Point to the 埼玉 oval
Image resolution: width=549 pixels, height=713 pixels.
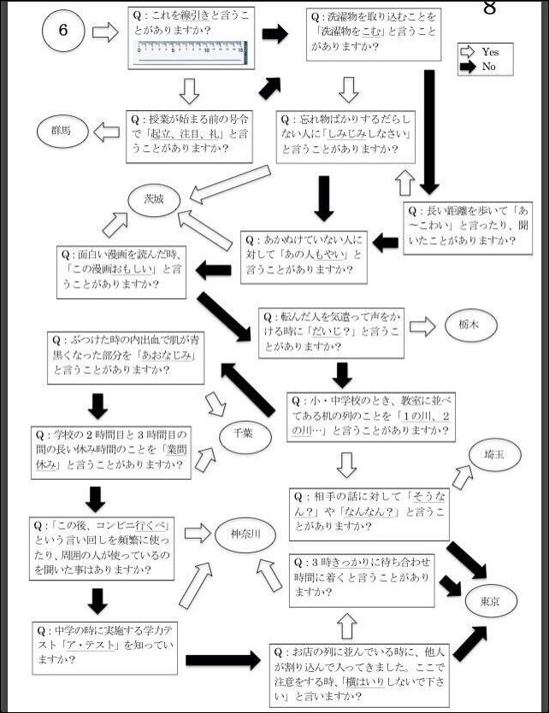point(493,456)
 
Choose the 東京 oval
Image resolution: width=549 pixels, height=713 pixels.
point(491,603)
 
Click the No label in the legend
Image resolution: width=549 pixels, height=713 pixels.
point(489,66)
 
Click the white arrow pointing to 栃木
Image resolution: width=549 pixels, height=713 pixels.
point(422,325)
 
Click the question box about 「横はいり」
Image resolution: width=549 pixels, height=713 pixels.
point(358,674)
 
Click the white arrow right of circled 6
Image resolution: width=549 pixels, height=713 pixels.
point(104,32)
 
